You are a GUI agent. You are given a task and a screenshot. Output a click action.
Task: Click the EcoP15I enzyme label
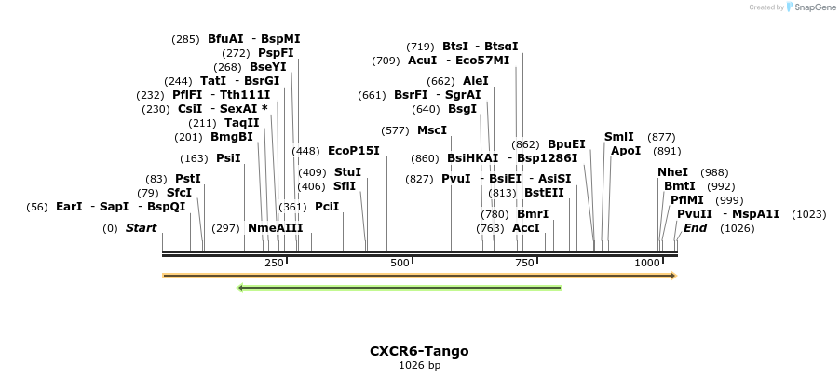click(354, 151)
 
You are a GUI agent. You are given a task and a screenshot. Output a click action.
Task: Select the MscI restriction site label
click(432, 130)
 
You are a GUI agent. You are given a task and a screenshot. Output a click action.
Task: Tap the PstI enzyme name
click(188, 179)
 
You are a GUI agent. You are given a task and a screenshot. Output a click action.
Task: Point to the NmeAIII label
click(276, 228)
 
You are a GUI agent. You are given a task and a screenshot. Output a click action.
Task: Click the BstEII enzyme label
click(544, 193)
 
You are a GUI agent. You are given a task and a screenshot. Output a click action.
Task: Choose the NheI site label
click(673, 172)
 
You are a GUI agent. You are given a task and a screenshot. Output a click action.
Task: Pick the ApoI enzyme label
click(626, 151)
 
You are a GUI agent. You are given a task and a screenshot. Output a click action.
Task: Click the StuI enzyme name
click(347, 172)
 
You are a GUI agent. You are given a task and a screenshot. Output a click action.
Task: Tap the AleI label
click(476, 81)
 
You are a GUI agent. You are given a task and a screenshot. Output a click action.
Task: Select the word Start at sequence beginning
click(142, 228)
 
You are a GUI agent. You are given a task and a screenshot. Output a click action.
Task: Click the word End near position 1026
click(695, 228)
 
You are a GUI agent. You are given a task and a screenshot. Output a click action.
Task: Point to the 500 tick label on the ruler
click(400, 264)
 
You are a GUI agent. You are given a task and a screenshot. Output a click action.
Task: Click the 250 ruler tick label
click(274, 264)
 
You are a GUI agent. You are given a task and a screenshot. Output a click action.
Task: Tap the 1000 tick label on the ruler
click(647, 264)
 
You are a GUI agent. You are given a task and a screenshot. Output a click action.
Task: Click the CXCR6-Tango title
click(419, 351)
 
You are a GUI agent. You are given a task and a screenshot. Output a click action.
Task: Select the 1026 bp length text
click(419, 366)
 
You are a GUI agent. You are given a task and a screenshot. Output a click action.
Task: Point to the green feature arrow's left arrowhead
click(241, 288)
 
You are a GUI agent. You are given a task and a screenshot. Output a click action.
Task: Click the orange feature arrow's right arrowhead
click(672, 276)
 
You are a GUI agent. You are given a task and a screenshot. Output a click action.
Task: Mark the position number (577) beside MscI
click(395, 130)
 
